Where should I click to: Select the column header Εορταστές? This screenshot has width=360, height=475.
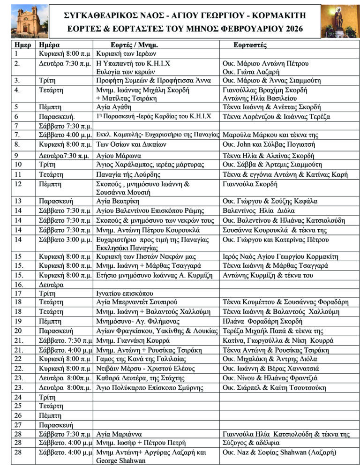click(x=250, y=45)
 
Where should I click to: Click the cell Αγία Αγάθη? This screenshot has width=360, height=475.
click(x=114, y=107)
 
